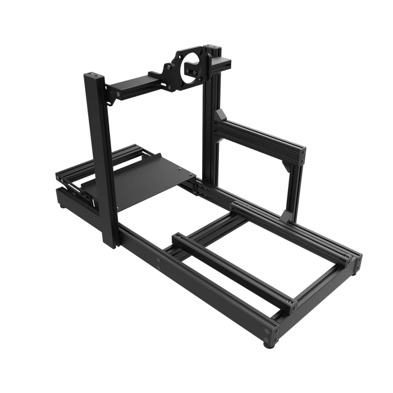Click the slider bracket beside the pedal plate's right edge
click(x=201, y=185)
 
